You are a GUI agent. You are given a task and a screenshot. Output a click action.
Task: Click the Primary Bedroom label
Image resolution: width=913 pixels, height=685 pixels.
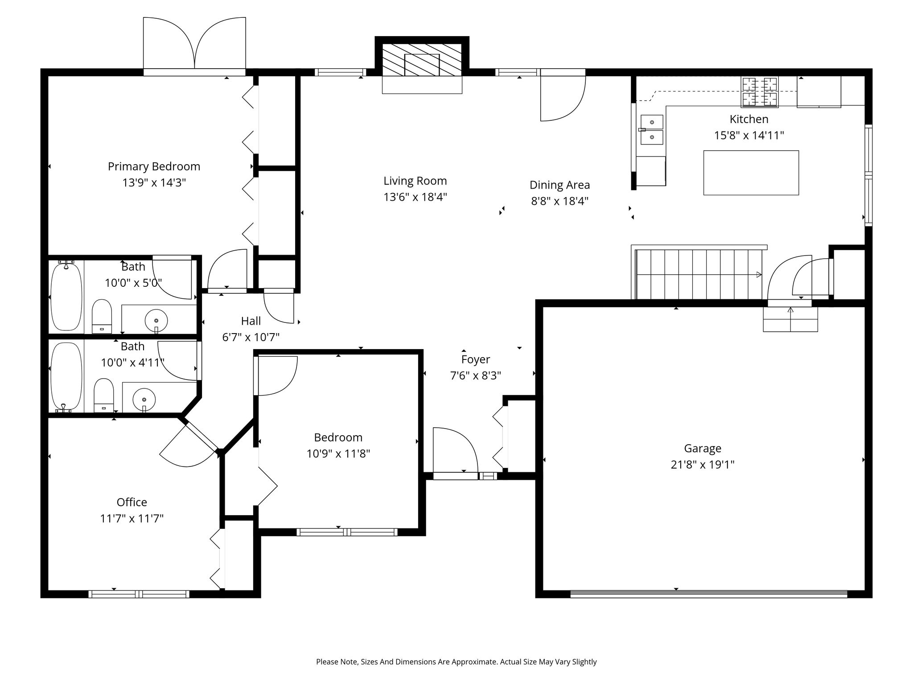coord(154,166)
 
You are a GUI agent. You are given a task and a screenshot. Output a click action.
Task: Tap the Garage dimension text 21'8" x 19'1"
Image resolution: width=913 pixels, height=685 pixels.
coord(703,465)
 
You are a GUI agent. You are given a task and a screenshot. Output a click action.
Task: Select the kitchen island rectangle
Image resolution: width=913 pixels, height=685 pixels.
coord(751,173)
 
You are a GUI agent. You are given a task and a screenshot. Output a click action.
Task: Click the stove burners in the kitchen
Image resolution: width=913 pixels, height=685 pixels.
coord(760,92)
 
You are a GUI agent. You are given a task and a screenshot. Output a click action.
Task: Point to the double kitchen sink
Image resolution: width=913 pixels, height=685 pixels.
coord(652,130)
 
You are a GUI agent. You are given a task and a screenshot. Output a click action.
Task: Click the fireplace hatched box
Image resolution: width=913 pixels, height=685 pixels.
coord(422,60)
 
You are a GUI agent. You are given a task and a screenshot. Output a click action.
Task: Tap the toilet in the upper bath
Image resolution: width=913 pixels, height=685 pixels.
coord(102,316)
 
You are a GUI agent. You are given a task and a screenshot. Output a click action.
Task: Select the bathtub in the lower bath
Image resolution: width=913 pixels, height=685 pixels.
coord(66,376)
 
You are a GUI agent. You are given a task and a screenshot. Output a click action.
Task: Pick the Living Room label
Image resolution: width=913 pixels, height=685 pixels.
coord(415,181)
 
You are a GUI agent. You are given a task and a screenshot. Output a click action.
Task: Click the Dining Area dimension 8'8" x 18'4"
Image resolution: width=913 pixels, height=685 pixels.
coord(559,201)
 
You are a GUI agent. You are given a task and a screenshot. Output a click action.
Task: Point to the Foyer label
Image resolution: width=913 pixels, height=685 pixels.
coord(476,359)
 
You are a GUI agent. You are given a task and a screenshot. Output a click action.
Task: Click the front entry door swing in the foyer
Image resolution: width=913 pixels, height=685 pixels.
coord(456,450)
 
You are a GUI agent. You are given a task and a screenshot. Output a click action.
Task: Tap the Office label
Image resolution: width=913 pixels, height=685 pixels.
coord(132,502)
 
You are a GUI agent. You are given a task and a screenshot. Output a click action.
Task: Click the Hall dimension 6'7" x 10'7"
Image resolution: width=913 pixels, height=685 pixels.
coord(251,337)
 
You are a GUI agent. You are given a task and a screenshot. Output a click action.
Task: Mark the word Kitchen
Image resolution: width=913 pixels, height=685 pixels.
coord(749,119)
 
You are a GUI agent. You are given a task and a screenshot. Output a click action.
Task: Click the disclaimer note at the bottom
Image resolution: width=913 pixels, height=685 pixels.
coord(456,662)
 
